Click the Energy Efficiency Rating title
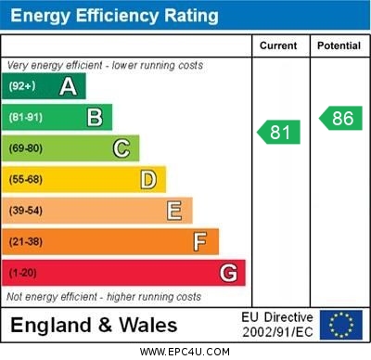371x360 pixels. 112,16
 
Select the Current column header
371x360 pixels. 278,45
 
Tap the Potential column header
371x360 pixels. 339,45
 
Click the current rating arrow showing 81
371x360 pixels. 279,133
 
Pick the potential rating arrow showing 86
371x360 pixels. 340,118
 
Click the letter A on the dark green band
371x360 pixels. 68,86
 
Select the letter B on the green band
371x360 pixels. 95,117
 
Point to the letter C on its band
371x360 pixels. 121,148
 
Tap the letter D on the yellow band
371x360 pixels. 147,179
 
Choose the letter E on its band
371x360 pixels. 174,211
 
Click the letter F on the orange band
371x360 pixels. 200,242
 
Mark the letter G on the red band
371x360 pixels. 227,273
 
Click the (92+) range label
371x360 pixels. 21,87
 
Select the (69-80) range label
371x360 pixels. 26,148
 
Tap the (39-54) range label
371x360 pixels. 26,212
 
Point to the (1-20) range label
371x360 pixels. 23,274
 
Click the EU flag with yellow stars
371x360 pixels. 341,325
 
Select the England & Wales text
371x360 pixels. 93,325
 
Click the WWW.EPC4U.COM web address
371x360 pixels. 185,352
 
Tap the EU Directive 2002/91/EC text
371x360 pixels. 277,325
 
